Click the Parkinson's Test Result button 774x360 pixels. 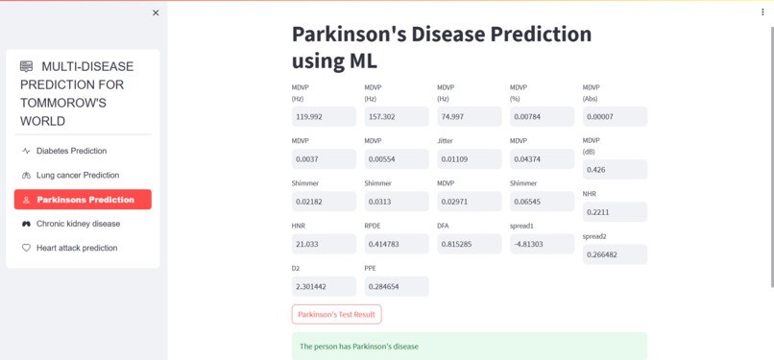pyautogui.click(x=336, y=314)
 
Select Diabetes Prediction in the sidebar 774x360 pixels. pyautogui.click(x=71, y=151)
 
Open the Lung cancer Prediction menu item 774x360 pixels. pyautogui.click(x=77, y=175)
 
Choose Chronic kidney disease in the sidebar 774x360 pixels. pyautogui.click(x=78, y=224)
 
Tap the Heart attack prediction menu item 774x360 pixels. pyautogui.click(x=76, y=248)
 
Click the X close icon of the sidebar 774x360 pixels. pyautogui.click(x=156, y=12)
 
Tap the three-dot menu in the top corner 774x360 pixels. pyautogui.click(x=763, y=12)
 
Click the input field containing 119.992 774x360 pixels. pyautogui.click(x=324, y=116)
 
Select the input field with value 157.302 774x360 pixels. pyautogui.click(x=397, y=116)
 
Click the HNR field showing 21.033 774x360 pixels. pyautogui.click(x=324, y=244)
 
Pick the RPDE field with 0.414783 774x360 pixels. pyautogui.click(x=397, y=244)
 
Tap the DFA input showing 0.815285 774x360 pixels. pyautogui.click(x=470, y=244)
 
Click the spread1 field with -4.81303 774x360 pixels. pyautogui.click(x=542, y=244)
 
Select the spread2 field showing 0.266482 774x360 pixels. pyautogui.click(x=615, y=254)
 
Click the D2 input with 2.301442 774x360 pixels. pyautogui.click(x=324, y=286)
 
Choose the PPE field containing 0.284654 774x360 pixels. pyautogui.click(x=397, y=286)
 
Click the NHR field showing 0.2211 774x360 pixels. pyautogui.click(x=615, y=212)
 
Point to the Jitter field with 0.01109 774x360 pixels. pyautogui.click(x=470, y=158)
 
